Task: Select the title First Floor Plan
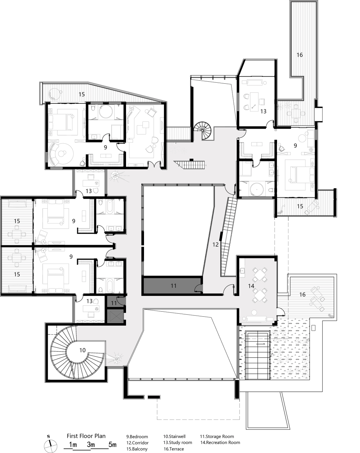click(x=86, y=436)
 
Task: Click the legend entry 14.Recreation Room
click(x=220, y=442)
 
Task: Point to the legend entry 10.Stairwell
click(x=174, y=436)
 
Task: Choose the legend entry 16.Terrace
click(x=174, y=449)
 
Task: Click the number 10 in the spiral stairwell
click(x=82, y=350)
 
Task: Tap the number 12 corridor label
click(x=215, y=244)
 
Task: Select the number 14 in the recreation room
click(x=251, y=286)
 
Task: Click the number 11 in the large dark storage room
click(x=173, y=286)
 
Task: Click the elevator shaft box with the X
click(x=115, y=316)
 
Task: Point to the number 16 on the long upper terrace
click(x=299, y=55)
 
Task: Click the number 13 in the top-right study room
click(x=263, y=111)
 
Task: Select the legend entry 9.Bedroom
click(x=137, y=437)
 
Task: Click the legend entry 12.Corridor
click(x=137, y=443)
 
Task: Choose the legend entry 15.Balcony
click(x=137, y=449)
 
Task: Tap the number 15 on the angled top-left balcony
click(x=81, y=94)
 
